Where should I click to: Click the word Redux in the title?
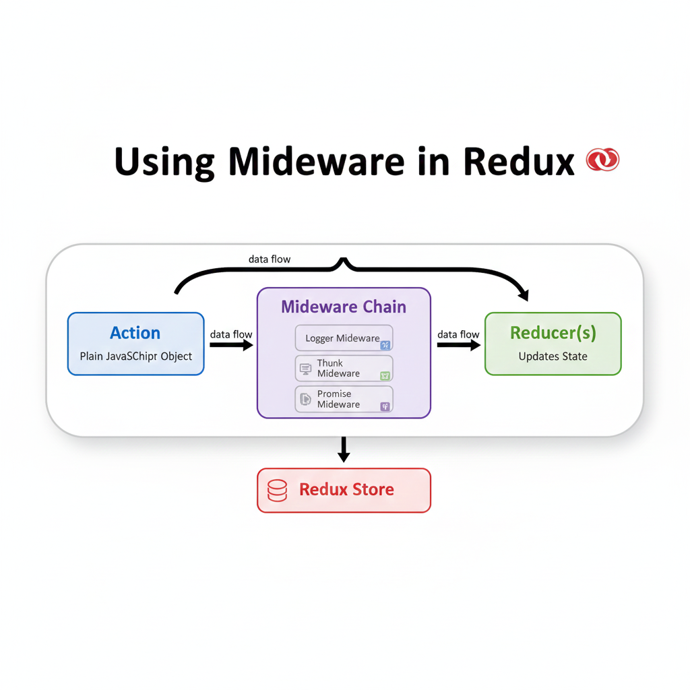(x=519, y=161)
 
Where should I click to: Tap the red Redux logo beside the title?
(x=602, y=160)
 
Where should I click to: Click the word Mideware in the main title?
(x=316, y=161)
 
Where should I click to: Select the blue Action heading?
(x=135, y=333)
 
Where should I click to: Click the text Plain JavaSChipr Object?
(x=136, y=356)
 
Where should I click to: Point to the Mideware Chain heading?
(x=344, y=307)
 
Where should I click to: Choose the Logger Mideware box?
(x=344, y=338)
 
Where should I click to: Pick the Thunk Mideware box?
(x=344, y=369)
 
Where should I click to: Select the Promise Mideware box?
(x=344, y=399)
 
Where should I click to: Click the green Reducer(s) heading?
(x=553, y=333)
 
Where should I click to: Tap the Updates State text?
(x=553, y=356)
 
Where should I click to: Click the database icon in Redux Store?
(x=278, y=491)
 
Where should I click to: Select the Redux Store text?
(x=346, y=490)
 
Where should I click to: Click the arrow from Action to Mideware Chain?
(x=230, y=345)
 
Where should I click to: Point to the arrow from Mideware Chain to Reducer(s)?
(x=458, y=345)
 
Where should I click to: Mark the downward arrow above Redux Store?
(x=344, y=449)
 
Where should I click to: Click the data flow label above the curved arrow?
(x=270, y=259)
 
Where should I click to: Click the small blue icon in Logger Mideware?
(x=385, y=345)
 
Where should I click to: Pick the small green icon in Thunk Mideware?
(x=385, y=376)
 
